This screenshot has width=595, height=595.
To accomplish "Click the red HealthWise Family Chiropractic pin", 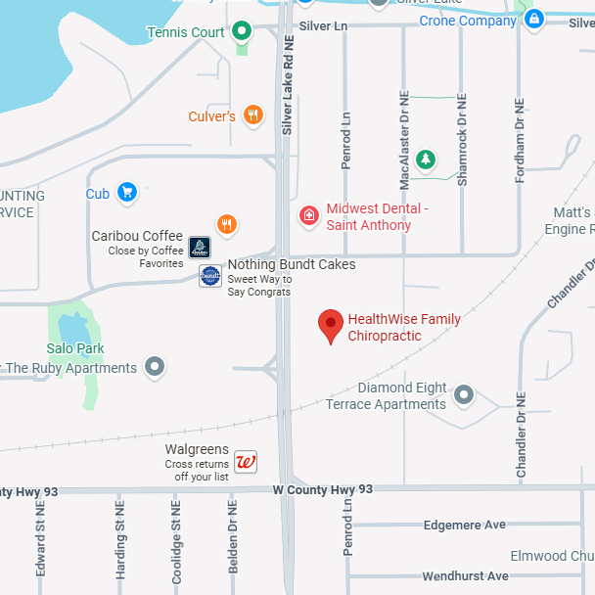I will (332, 325).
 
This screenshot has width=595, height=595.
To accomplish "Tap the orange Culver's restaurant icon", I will (253, 116).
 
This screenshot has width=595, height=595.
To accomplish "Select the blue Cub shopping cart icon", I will (126, 193).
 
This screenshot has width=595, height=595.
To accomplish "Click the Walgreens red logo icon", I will (247, 462).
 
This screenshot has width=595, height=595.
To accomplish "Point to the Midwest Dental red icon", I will (309, 215).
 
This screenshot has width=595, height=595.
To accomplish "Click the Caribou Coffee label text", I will (137, 236).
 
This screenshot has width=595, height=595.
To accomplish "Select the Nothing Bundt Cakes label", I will (292, 265).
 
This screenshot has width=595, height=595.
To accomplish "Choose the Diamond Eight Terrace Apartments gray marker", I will (464, 396).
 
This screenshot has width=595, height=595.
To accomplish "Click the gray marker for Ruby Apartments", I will (155, 368).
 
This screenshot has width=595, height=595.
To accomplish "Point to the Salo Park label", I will (75, 348).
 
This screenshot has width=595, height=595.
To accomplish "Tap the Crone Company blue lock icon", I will (533, 20).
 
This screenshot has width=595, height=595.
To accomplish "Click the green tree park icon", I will (425, 159).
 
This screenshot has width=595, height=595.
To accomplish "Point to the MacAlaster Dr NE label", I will (404, 141).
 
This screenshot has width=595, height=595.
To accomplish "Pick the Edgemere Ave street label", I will (465, 526).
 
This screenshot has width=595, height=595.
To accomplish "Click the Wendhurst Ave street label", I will (465, 576).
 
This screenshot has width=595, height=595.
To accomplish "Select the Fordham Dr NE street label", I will (521, 139).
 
